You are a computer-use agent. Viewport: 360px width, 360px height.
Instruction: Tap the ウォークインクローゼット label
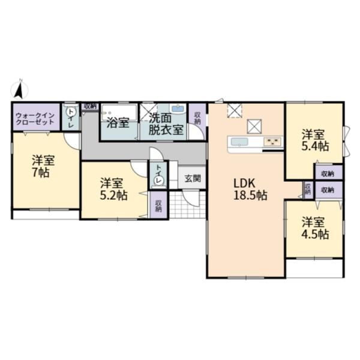(35, 118)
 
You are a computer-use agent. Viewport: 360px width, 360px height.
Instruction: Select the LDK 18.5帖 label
(250, 190)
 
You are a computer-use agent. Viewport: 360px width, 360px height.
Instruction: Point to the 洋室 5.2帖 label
(113, 189)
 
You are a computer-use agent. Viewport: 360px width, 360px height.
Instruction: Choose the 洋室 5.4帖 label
(315, 140)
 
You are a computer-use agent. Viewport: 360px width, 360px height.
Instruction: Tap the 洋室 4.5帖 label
(315, 228)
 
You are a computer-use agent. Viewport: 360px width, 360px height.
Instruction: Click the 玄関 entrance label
(193, 178)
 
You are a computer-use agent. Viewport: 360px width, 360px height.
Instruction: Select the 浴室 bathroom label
(118, 123)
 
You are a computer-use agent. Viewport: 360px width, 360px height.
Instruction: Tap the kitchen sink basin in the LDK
(239, 142)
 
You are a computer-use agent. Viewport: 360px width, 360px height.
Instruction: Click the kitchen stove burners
(272, 142)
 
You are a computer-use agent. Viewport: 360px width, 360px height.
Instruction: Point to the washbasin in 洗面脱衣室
(178, 109)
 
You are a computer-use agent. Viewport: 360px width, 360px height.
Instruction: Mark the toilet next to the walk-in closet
(70, 112)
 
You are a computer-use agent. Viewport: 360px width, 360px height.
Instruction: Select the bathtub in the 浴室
(119, 113)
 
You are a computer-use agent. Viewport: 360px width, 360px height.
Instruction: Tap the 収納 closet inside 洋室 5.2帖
(158, 205)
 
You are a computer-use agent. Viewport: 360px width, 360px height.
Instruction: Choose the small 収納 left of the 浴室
(90, 106)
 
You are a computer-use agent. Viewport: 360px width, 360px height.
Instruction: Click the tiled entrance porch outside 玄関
(187, 205)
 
